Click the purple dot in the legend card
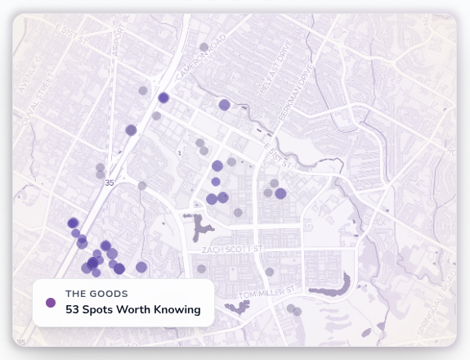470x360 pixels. coord(51,303)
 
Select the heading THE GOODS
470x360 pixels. coord(96,293)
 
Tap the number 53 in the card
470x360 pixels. coord(74,310)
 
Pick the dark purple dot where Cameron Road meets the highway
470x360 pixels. coord(163,97)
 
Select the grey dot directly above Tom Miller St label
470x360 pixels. coord(269,272)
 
